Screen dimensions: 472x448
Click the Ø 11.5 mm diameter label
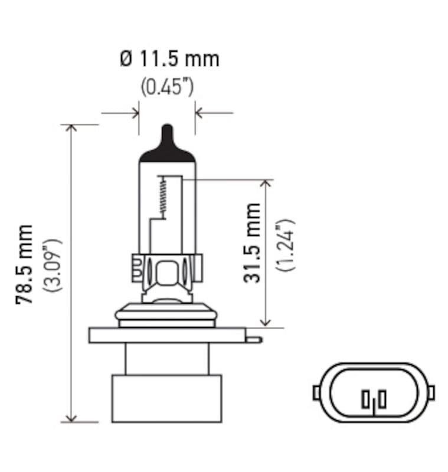169,59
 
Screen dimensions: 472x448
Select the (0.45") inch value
167,87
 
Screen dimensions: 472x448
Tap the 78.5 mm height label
25,264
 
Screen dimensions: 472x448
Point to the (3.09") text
54,265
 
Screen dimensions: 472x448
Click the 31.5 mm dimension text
253,243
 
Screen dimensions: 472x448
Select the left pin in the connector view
365,400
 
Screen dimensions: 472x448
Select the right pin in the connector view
382,399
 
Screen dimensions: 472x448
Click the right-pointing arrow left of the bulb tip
133,112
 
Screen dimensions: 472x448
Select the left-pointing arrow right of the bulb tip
201,112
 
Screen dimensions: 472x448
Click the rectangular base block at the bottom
166,398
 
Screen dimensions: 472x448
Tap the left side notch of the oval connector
316,391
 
